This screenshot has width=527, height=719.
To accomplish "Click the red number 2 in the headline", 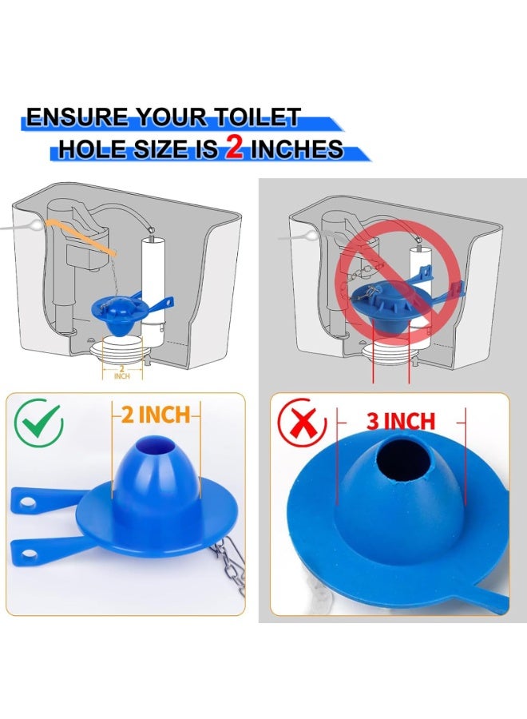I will pos(233,149).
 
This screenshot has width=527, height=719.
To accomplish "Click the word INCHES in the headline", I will pos(297,149).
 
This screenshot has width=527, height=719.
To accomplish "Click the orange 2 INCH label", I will pos(156,415).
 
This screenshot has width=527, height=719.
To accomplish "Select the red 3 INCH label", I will pos(401,421).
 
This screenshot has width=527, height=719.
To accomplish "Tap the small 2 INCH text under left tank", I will pos(121,371).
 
